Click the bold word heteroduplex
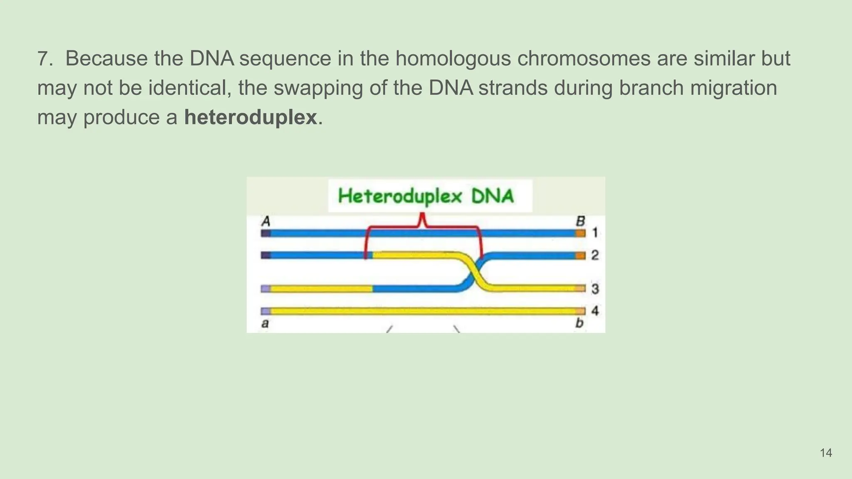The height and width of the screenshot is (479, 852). [x=250, y=117]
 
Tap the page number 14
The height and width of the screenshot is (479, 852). [x=826, y=453]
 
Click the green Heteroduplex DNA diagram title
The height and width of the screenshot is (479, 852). [x=426, y=196]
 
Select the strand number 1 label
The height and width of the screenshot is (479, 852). [x=595, y=232]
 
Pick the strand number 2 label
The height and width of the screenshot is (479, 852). [x=595, y=255]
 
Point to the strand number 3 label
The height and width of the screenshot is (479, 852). [x=595, y=289]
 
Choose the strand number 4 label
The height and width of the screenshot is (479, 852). [x=595, y=311]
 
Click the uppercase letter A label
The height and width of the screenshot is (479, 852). [x=266, y=221]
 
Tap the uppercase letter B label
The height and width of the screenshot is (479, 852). [x=580, y=221]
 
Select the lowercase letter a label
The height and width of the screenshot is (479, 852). [x=265, y=323]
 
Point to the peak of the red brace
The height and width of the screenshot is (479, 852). [x=423, y=215]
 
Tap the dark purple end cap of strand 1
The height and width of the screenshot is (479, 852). [x=266, y=233]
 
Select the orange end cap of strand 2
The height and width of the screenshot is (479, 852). [x=580, y=255]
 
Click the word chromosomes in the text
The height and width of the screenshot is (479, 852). [x=584, y=58]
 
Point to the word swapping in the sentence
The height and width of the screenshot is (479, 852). [x=318, y=88]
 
